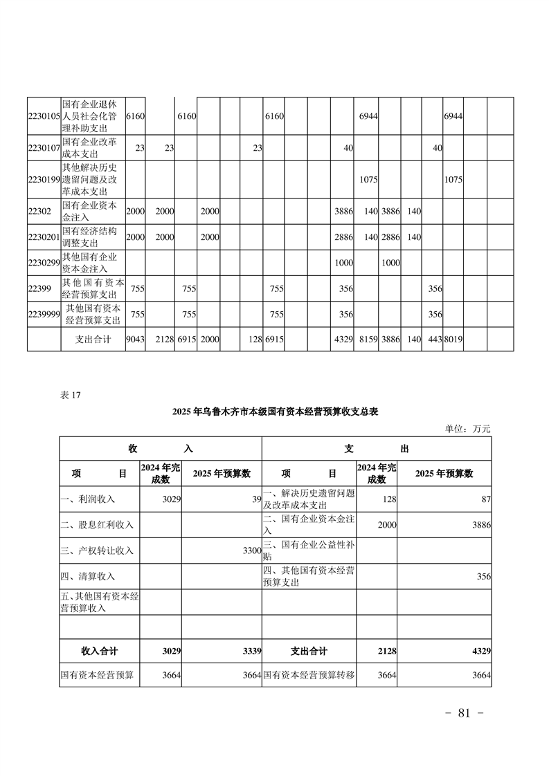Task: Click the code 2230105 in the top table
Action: coord(44,116)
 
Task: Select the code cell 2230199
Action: coord(44,180)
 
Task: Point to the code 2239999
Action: coord(44,314)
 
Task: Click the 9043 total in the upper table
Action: coord(135,340)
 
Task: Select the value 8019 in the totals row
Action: coord(453,340)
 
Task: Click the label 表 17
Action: coord(71,395)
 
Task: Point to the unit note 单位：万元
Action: coord(467,429)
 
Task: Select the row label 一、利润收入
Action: coord(88,499)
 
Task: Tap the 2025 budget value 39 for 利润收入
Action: coord(255,499)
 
